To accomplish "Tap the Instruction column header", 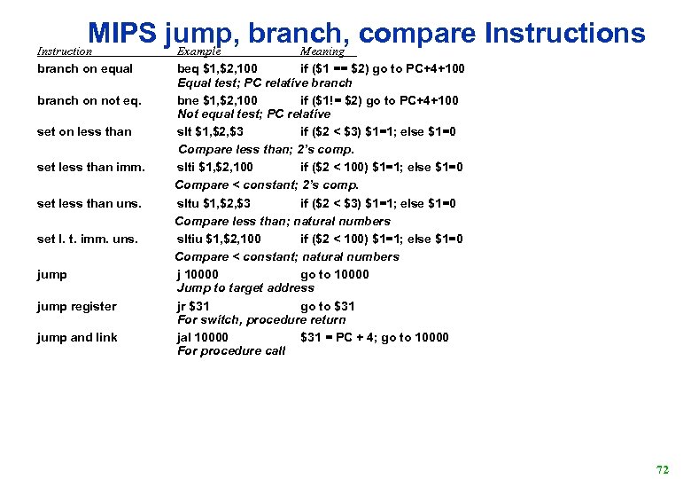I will (65, 51).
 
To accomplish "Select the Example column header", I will (199, 51).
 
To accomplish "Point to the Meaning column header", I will (322, 51).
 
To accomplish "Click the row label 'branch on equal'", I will (85, 68).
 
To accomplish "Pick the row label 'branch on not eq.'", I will (89, 100).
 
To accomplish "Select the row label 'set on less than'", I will (84, 131).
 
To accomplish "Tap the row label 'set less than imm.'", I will (91, 167).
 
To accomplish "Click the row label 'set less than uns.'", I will (89, 203).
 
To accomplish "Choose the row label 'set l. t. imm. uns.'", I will (88, 239).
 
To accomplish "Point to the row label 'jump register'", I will (76, 306).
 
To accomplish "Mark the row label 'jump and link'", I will (77, 337).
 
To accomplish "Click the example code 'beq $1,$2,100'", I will (218, 68).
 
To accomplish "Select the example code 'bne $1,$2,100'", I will (218, 100).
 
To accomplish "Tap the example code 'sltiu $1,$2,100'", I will (219, 239).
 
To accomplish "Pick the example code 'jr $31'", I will (191, 306).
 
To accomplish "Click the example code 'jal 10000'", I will (203, 337).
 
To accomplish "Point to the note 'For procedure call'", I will (231, 350).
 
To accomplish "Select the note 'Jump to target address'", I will (245, 287).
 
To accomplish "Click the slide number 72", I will (662, 468).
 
